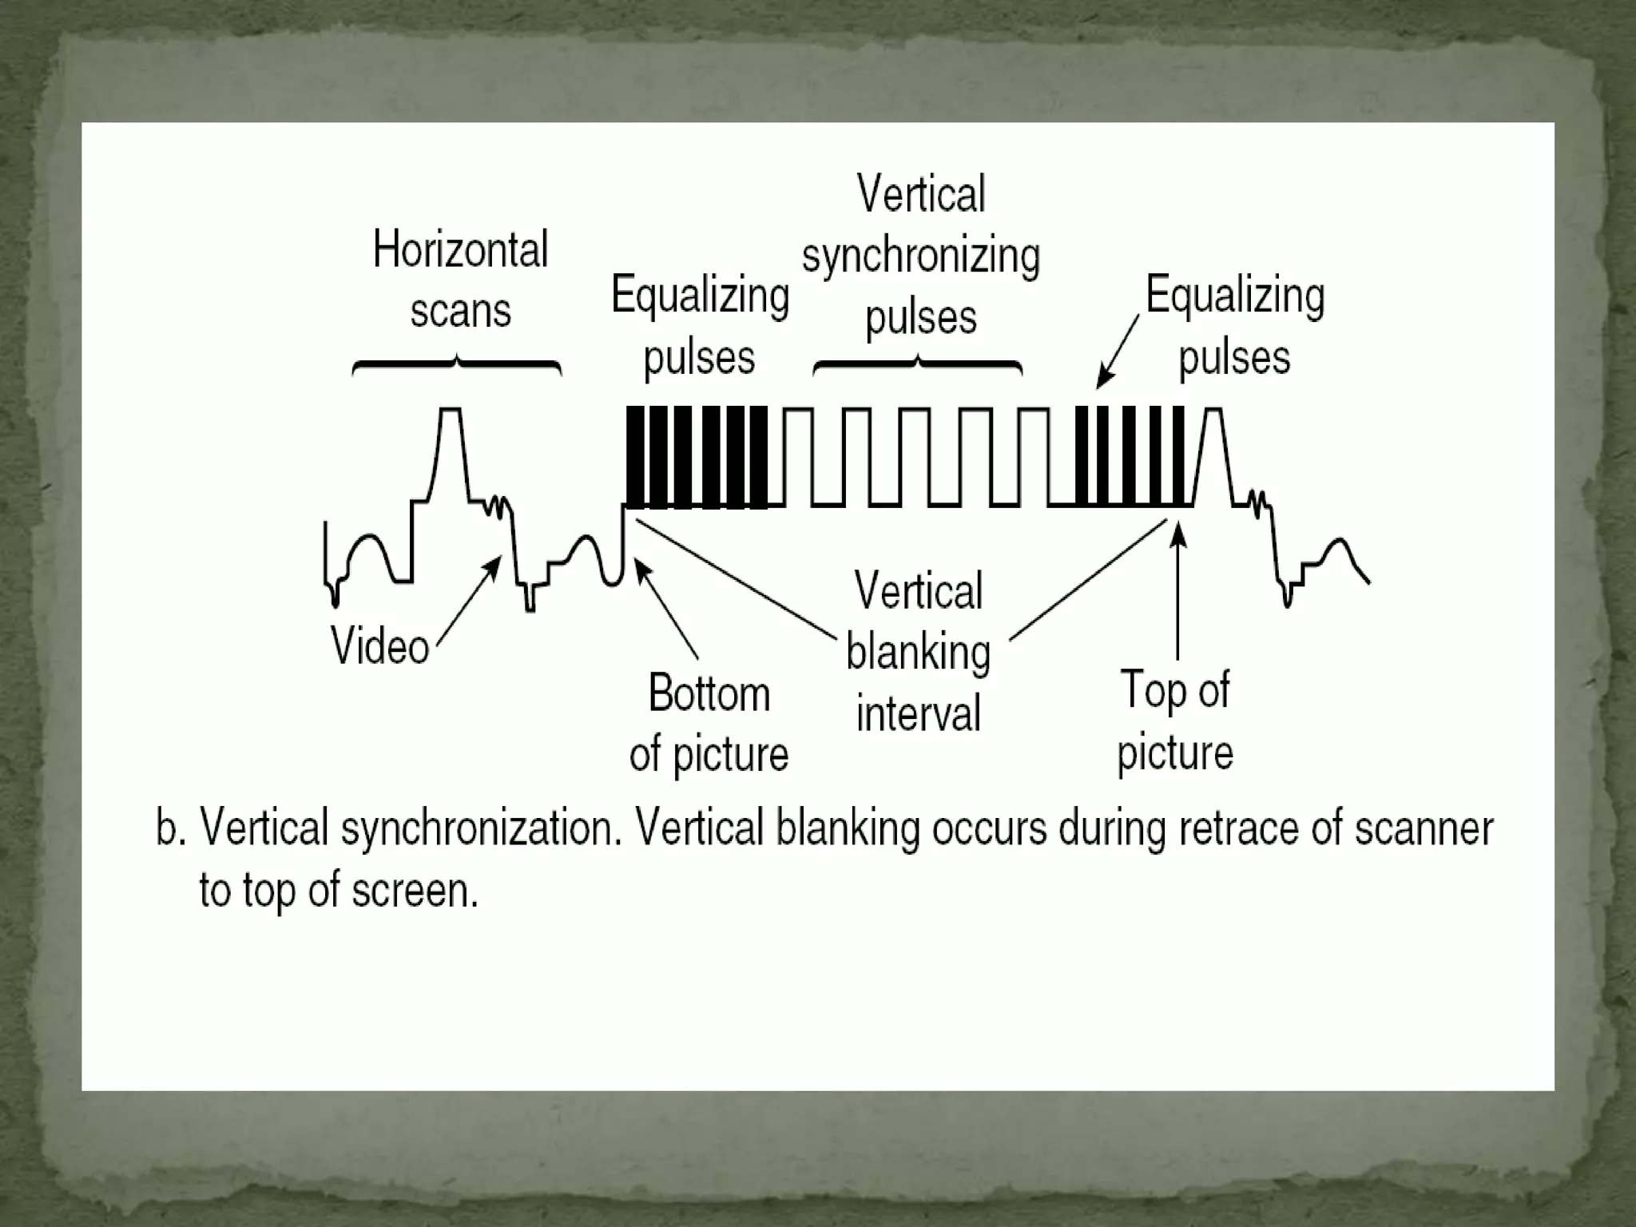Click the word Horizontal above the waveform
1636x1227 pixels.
pyautogui.click(x=460, y=250)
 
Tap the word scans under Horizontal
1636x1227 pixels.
pyautogui.click(x=460, y=311)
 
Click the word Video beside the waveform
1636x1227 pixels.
pyautogui.click(x=380, y=645)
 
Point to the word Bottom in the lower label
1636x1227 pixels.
pyautogui.click(x=709, y=693)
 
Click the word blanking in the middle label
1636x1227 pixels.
pyautogui.click(x=919, y=653)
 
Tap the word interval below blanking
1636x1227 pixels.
pyautogui.click(x=918, y=713)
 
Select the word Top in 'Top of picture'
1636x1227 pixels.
pyautogui.click(x=1147, y=690)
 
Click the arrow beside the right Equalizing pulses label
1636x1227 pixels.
pyautogui.click(x=1118, y=351)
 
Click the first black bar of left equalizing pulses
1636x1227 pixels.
pyautogui.click(x=635, y=457)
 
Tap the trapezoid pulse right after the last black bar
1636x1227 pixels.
pyautogui.click(x=1213, y=455)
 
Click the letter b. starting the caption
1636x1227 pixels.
pyautogui.click(x=170, y=828)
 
